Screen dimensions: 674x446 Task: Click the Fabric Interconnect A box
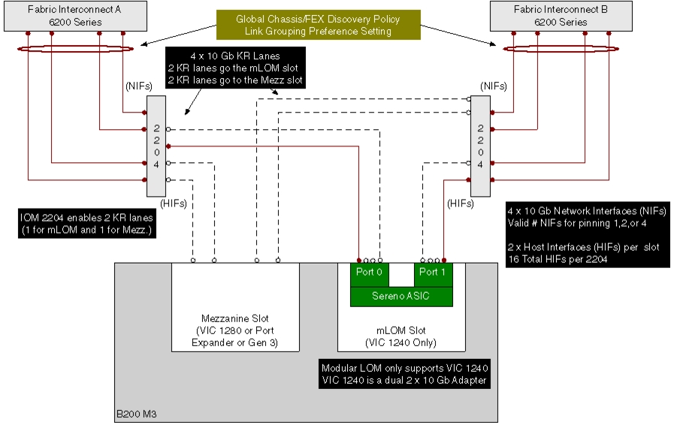(76, 16)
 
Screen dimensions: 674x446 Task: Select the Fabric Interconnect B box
(561, 16)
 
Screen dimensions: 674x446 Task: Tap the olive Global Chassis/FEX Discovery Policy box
(318, 25)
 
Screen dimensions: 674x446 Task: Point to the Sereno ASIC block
(401, 297)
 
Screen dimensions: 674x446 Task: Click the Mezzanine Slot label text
(234, 330)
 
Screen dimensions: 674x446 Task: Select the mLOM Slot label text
(401, 336)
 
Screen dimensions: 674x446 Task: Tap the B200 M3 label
(136, 414)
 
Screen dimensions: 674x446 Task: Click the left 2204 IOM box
(156, 146)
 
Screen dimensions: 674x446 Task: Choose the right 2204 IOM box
(481, 146)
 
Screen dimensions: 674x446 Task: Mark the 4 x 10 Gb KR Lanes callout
(235, 68)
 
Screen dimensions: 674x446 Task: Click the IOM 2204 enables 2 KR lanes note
(87, 224)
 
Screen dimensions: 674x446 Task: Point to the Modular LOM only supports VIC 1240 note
(404, 374)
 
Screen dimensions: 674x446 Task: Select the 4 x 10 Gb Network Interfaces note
(588, 234)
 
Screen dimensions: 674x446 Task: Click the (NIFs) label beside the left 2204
(139, 86)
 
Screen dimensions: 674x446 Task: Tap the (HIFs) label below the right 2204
(461, 203)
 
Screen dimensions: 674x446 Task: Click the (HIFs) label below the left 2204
(174, 203)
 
